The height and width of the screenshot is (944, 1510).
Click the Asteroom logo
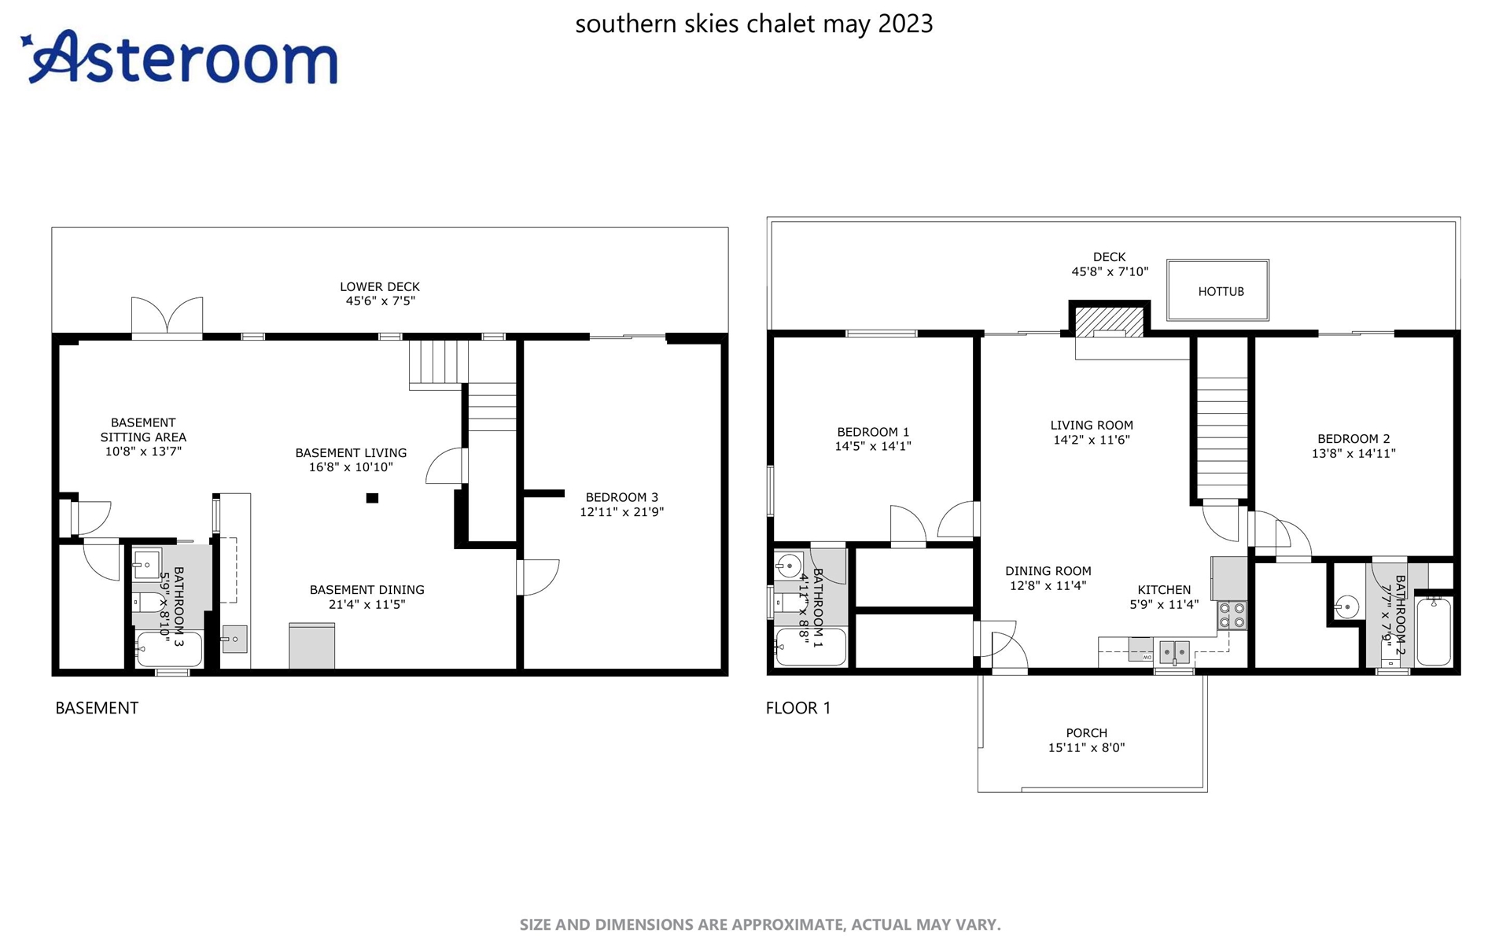coord(179,57)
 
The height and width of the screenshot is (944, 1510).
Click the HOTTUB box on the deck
coord(1217,290)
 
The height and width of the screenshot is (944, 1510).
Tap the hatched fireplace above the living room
coord(1109,321)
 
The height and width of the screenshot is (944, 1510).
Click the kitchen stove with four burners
coord(1232,615)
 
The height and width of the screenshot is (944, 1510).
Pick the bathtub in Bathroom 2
coord(1434,631)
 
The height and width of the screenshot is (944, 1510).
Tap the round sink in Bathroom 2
coord(1347,607)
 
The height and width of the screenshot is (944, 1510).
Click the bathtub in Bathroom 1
coord(811,647)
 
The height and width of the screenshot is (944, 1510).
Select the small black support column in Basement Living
coord(372,498)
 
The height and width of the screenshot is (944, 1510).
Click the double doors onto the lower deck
coord(167,317)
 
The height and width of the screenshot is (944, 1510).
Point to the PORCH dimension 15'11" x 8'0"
coord(1086,747)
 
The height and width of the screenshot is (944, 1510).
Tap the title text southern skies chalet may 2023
coord(754,24)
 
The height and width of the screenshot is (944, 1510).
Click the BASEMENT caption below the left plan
coord(97,708)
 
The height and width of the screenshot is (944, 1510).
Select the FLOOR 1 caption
coord(798,708)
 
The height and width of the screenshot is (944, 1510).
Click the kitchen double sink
coord(1174,651)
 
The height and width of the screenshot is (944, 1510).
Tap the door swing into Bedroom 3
coord(540,577)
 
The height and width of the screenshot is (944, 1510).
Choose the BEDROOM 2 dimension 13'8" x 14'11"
coord(1353,453)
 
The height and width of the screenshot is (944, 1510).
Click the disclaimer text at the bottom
coord(760,925)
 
